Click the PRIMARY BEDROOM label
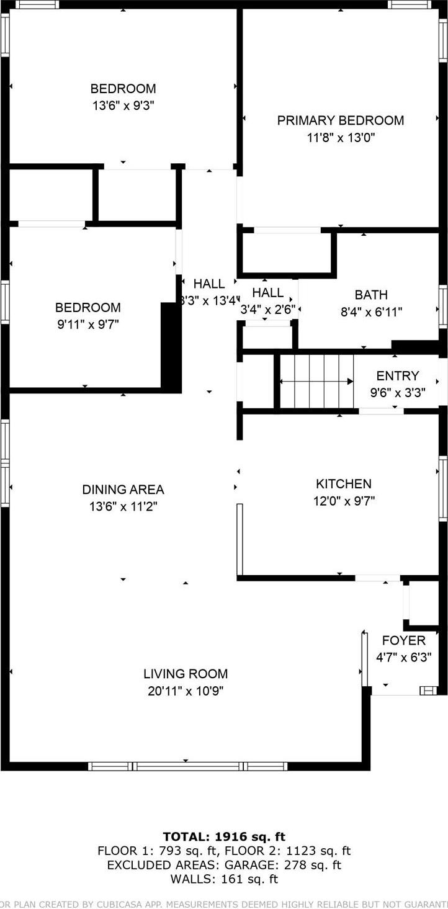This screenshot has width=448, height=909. (x=340, y=120)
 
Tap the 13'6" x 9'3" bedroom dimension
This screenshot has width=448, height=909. (x=123, y=106)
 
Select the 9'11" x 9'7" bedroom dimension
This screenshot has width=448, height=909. (x=87, y=325)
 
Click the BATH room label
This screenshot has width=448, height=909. (x=371, y=295)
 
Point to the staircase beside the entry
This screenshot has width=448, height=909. (x=316, y=382)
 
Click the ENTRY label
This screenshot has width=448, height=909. (x=398, y=375)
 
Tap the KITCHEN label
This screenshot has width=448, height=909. (x=344, y=484)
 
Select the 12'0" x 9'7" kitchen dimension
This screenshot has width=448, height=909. (x=344, y=501)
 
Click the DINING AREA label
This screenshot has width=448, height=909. (x=123, y=490)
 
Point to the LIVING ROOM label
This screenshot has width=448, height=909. (x=186, y=674)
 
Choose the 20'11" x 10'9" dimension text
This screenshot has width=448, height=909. (x=186, y=691)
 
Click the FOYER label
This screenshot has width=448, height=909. (x=404, y=641)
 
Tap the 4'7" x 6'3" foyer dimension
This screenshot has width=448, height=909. (x=404, y=657)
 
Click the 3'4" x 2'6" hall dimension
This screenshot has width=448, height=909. (x=267, y=309)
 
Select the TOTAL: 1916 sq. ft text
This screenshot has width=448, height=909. (x=224, y=836)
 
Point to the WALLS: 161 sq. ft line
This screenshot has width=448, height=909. (x=224, y=879)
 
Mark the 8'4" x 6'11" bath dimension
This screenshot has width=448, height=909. (x=371, y=311)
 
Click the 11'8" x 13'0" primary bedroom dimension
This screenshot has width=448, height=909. (x=340, y=138)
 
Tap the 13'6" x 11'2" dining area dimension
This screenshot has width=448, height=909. (x=123, y=506)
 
